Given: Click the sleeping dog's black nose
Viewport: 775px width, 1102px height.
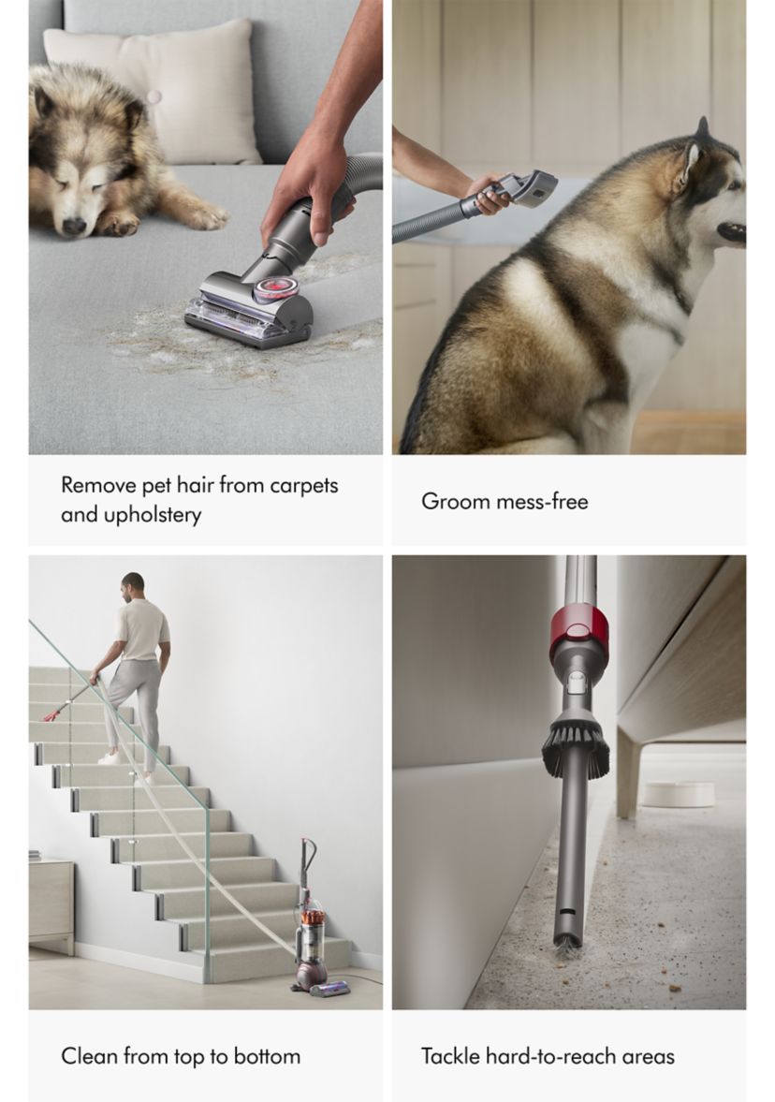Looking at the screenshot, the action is [x=73, y=226].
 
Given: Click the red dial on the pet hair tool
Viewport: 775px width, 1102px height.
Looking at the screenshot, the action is [x=271, y=289].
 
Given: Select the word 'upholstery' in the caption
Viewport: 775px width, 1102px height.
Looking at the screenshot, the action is [x=153, y=515].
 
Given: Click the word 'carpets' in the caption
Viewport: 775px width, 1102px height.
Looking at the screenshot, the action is [x=304, y=486].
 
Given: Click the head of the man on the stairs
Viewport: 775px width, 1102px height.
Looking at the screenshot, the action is [x=132, y=585].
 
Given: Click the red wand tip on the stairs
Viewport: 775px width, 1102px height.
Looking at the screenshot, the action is [x=52, y=715].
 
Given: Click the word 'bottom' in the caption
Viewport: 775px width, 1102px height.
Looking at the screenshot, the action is [x=267, y=1056].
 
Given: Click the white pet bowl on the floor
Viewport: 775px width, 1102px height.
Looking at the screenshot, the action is [x=678, y=793].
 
